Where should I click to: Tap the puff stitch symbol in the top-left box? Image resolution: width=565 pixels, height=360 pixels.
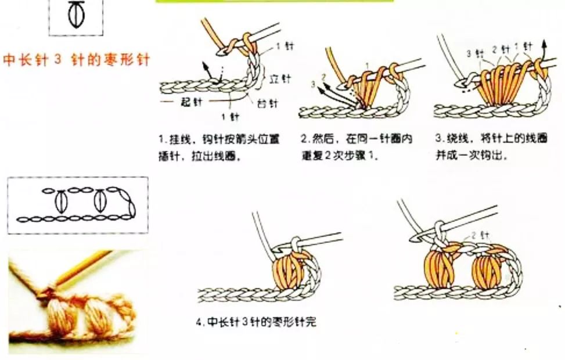(x=75, y=15)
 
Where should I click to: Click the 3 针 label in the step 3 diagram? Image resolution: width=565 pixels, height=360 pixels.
(x=474, y=53)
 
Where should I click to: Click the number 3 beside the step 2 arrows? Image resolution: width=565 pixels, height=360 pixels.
(x=312, y=85)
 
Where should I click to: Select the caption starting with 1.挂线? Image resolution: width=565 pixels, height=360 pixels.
(x=219, y=147)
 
